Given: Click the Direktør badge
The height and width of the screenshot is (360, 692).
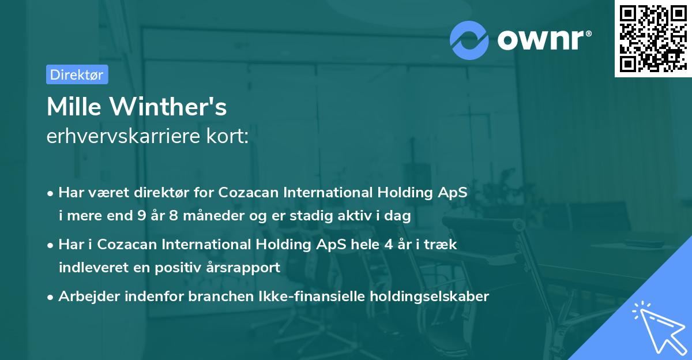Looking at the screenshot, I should (77, 74).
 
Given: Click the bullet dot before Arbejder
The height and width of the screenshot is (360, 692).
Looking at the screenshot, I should (51, 297).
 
